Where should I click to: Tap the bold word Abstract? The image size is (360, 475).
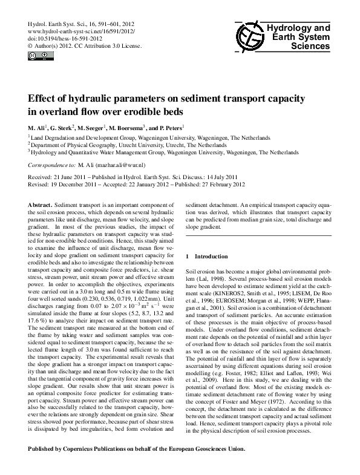[x=39, y=206]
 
